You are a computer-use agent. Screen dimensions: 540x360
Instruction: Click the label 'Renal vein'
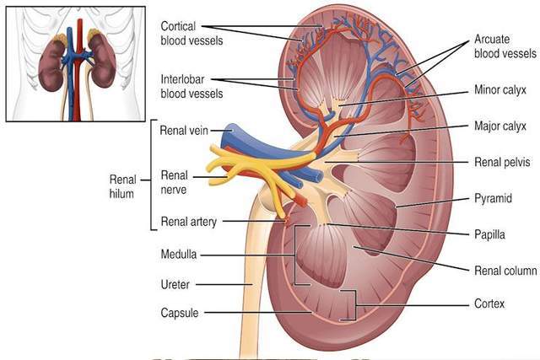click(x=184, y=131)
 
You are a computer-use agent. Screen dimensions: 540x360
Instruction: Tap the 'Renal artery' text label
click(x=189, y=222)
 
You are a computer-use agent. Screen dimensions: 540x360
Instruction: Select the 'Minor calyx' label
click(x=500, y=90)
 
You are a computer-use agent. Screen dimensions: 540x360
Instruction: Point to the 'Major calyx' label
click(x=500, y=126)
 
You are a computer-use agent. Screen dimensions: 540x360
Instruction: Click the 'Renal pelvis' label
click(x=502, y=162)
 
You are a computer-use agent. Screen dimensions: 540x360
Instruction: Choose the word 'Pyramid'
click(x=493, y=199)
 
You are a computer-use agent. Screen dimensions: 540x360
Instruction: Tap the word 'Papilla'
click(x=489, y=234)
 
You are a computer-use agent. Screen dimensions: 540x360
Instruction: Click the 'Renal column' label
click(x=505, y=271)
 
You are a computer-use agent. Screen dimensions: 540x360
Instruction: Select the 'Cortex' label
click(x=489, y=304)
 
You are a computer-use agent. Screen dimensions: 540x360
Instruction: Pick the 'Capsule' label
click(x=180, y=313)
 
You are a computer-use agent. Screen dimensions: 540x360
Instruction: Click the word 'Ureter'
click(x=175, y=285)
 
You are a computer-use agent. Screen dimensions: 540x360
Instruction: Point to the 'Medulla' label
click(x=179, y=255)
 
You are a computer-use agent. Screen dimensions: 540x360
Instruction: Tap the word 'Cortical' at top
click(x=178, y=26)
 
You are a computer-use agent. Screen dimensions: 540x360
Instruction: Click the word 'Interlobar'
click(x=182, y=79)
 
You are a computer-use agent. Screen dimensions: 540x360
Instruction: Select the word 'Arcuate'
click(x=492, y=40)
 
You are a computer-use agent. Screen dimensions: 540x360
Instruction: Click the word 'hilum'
click(x=121, y=194)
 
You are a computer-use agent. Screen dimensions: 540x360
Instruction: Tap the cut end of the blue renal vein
click(x=231, y=131)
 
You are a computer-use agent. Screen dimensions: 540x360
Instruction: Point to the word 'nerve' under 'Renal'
click(x=174, y=190)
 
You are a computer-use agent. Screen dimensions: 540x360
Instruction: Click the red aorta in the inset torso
click(x=79, y=69)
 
